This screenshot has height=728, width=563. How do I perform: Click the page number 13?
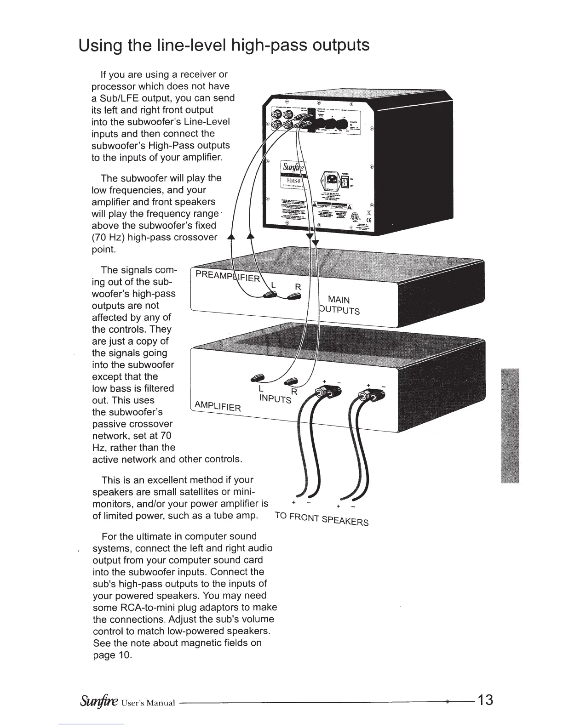click(x=485, y=700)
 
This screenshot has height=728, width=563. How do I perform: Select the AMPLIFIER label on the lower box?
click(x=218, y=406)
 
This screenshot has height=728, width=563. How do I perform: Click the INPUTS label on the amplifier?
click(x=275, y=398)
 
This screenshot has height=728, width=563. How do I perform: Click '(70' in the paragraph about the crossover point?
click(x=101, y=238)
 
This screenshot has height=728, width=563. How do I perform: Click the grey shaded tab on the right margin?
click(x=510, y=425)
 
